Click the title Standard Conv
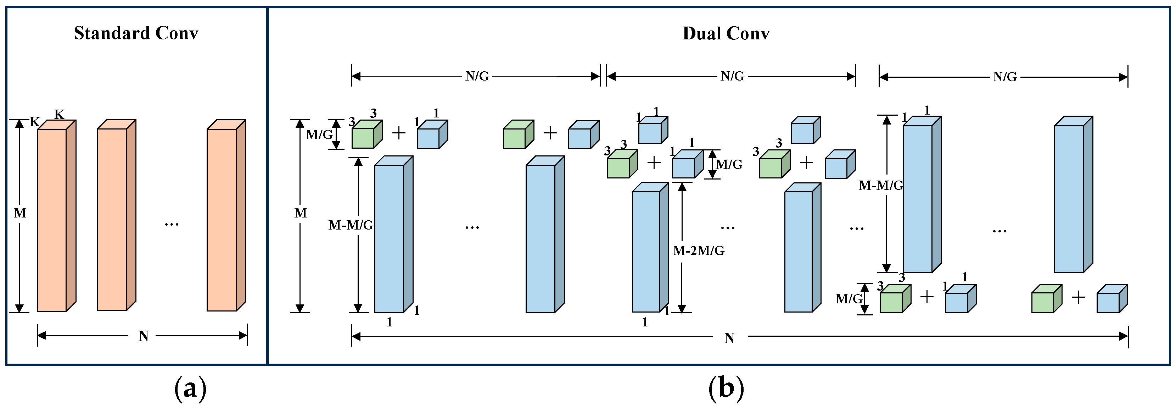point(136,33)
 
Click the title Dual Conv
point(726,34)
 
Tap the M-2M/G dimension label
point(699,251)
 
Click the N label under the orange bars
point(143,336)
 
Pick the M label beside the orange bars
point(20,213)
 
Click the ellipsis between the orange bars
point(171,224)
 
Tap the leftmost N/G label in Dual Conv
point(477,76)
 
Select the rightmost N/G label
point(1004,77)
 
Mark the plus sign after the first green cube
point(398,133)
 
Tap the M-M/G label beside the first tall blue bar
point(351,225)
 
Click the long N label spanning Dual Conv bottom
point(729,338)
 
